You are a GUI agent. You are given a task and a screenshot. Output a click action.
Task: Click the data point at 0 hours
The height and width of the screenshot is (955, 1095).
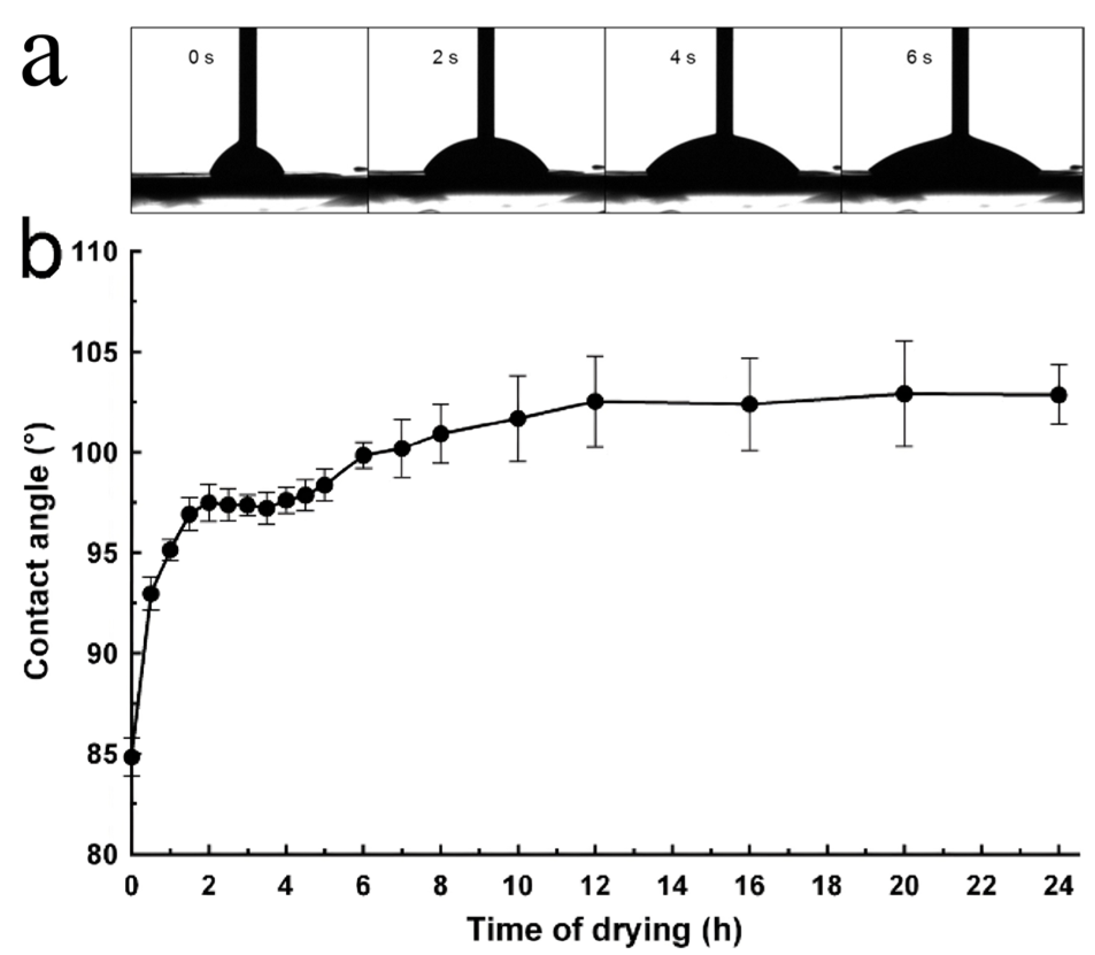click(x=132, y=757)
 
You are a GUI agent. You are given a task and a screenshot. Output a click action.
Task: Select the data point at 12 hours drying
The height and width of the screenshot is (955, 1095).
click(x=595, y=401)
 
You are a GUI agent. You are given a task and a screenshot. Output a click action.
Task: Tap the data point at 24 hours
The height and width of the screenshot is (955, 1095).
click(x=1058, y=395)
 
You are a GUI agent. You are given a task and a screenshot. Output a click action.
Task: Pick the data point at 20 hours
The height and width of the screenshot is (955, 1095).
click(x=904, y=394)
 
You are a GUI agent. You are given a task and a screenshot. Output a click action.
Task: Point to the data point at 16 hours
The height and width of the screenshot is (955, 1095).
click(x=750, y=404)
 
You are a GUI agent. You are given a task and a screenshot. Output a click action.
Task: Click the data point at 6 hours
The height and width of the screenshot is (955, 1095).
click(x=363, y=455)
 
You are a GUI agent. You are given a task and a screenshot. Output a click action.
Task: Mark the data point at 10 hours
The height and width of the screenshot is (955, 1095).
click(x=518, y=418)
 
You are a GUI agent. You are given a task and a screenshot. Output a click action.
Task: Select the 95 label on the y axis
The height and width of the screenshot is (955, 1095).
click(x=103, y=553)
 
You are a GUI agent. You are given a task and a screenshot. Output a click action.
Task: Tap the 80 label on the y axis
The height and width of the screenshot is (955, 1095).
click(x=103, y=854)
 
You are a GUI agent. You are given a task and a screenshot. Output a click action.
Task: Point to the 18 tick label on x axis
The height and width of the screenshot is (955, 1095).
click(x=827, y=887)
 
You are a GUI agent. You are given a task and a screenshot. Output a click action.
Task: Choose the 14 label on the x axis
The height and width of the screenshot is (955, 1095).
click(x=672, y=887)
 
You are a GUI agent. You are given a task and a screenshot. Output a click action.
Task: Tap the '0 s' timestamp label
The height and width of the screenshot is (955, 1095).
click(x=201, y=58)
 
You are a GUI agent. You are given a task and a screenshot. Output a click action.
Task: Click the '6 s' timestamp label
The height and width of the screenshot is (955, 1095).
click(x=919, y=58)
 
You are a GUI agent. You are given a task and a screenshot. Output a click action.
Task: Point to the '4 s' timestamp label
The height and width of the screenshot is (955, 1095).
click(x=683, y=58)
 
